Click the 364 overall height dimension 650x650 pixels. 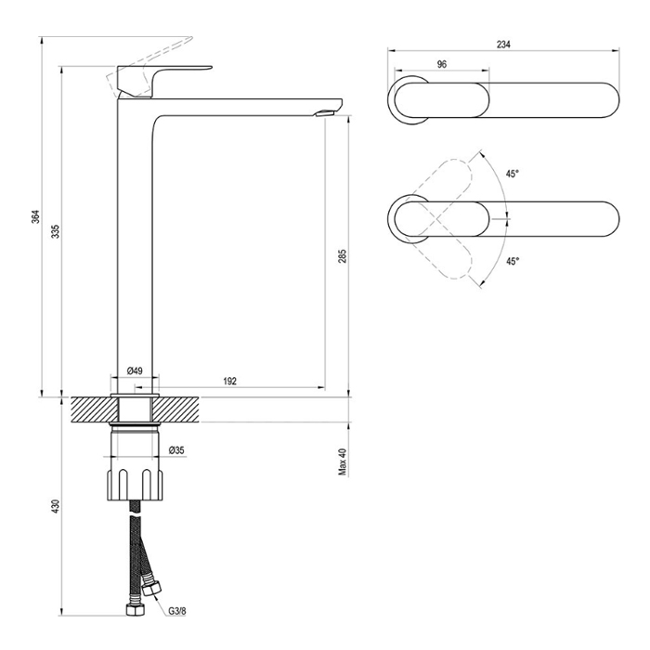click(x=36, y=216)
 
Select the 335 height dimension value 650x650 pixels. click(x=57, y=231)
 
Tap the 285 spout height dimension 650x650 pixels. click(x=342, y=255)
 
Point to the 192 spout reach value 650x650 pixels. click(x=230, y=381)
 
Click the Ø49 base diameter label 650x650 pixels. click(x=135, y=370)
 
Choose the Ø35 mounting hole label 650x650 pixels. click(x=177, y=450)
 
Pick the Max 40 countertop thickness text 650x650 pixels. click(x=343, y=461)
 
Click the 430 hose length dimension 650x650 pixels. click(x=57, y=507)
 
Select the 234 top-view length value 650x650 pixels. click(x=503, y=45)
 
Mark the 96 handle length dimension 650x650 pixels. click(x=442, y=64)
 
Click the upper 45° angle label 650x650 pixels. click(x=513, y=175)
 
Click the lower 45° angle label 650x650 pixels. click(x=513, y=261)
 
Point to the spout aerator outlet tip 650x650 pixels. click(x=325, y=113)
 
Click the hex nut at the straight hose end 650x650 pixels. click(x=136, y=609)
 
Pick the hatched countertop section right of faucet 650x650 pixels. click(x=177, y=409)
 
